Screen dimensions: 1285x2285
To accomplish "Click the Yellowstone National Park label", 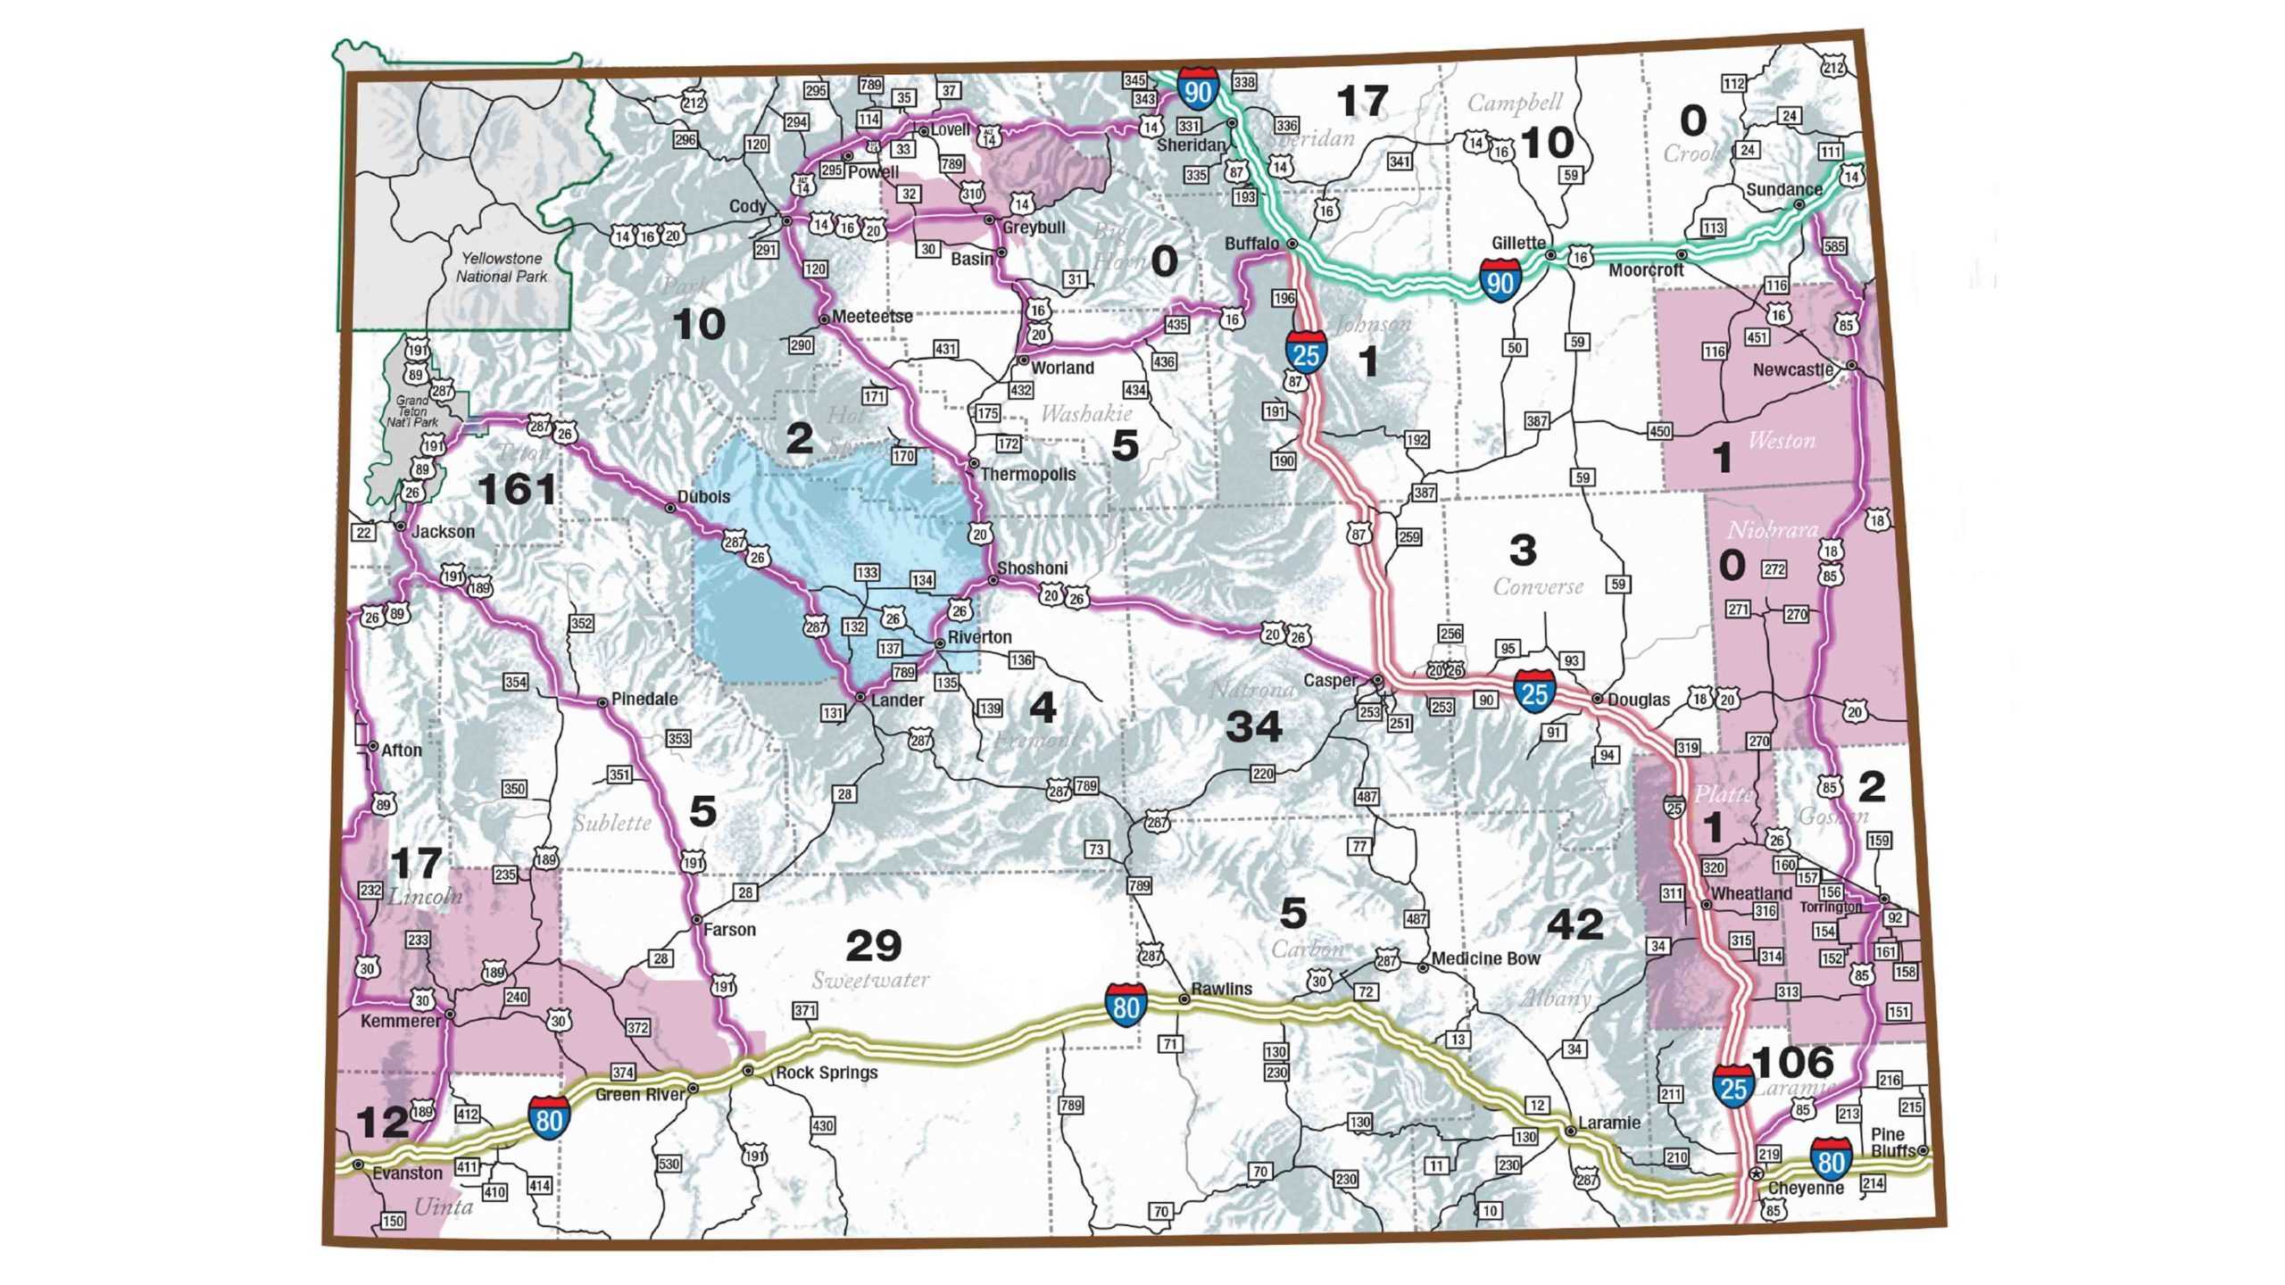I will (502, 267).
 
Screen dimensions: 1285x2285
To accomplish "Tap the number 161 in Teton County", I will (517, 489).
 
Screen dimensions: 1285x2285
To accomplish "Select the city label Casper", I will (1330, 680).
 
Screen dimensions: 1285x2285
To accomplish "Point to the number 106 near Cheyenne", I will (1792, 1062).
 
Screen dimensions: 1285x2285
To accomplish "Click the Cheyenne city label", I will (1805, 1189).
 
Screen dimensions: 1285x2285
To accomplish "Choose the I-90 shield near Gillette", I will (1500, 281).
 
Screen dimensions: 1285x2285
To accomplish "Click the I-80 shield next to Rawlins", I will (1126, 1005).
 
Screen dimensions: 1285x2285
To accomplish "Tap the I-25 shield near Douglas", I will (1533, 692).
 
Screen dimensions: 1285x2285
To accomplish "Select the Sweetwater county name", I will (870, 980).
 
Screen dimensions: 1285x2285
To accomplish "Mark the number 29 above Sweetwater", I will (873, 946).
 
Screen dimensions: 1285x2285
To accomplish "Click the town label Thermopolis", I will (1027, 474).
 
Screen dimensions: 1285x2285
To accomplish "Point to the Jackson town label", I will (443, 532).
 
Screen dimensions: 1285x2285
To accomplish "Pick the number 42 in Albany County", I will (1575, 924).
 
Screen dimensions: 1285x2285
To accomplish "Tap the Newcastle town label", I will (1792, 369).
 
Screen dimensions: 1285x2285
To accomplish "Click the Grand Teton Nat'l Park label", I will (412, 411).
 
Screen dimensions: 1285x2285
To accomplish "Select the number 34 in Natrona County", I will (1253, 727).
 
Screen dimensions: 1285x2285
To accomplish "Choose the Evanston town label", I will (407, 1173).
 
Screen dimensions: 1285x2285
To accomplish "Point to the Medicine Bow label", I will (1485, 958).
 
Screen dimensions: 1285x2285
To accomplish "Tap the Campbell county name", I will (1515, 104).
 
